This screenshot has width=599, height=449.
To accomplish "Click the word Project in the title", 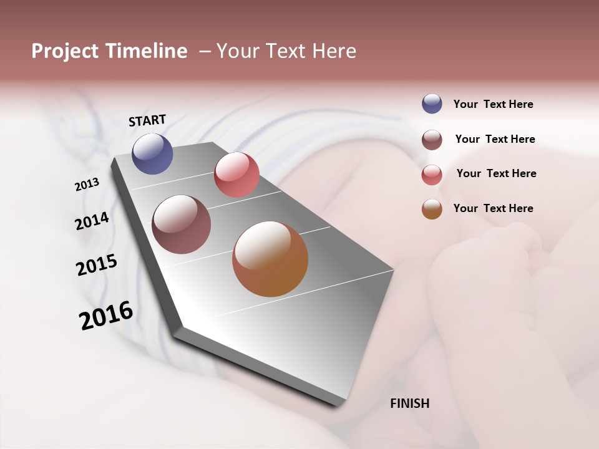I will (64, 51).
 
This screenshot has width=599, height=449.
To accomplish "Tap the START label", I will (147, 120).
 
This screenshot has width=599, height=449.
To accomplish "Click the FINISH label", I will (409, 403).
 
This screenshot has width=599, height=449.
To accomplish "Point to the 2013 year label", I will (87, 185).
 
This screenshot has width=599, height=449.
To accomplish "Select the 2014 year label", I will (92, 221).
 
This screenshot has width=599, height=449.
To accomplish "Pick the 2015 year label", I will (96, 265).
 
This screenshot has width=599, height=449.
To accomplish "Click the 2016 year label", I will (106, 316).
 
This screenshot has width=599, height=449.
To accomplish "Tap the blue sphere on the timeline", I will (152, 153).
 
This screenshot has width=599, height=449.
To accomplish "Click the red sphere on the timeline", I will (236, 175).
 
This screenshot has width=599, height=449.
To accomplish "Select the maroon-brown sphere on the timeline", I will (181, 224).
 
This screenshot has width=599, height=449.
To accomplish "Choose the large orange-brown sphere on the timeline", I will (270, 259).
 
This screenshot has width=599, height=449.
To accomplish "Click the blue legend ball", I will (432, 104).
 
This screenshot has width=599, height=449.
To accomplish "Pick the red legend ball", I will (432, 175).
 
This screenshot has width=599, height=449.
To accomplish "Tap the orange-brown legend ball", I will (432, 210).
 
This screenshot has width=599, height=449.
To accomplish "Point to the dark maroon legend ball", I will (432, 140).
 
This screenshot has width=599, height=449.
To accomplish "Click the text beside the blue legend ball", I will (493, 104).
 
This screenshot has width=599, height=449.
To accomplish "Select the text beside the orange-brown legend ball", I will (493, 208).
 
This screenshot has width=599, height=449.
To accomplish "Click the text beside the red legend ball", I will (496, 173).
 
